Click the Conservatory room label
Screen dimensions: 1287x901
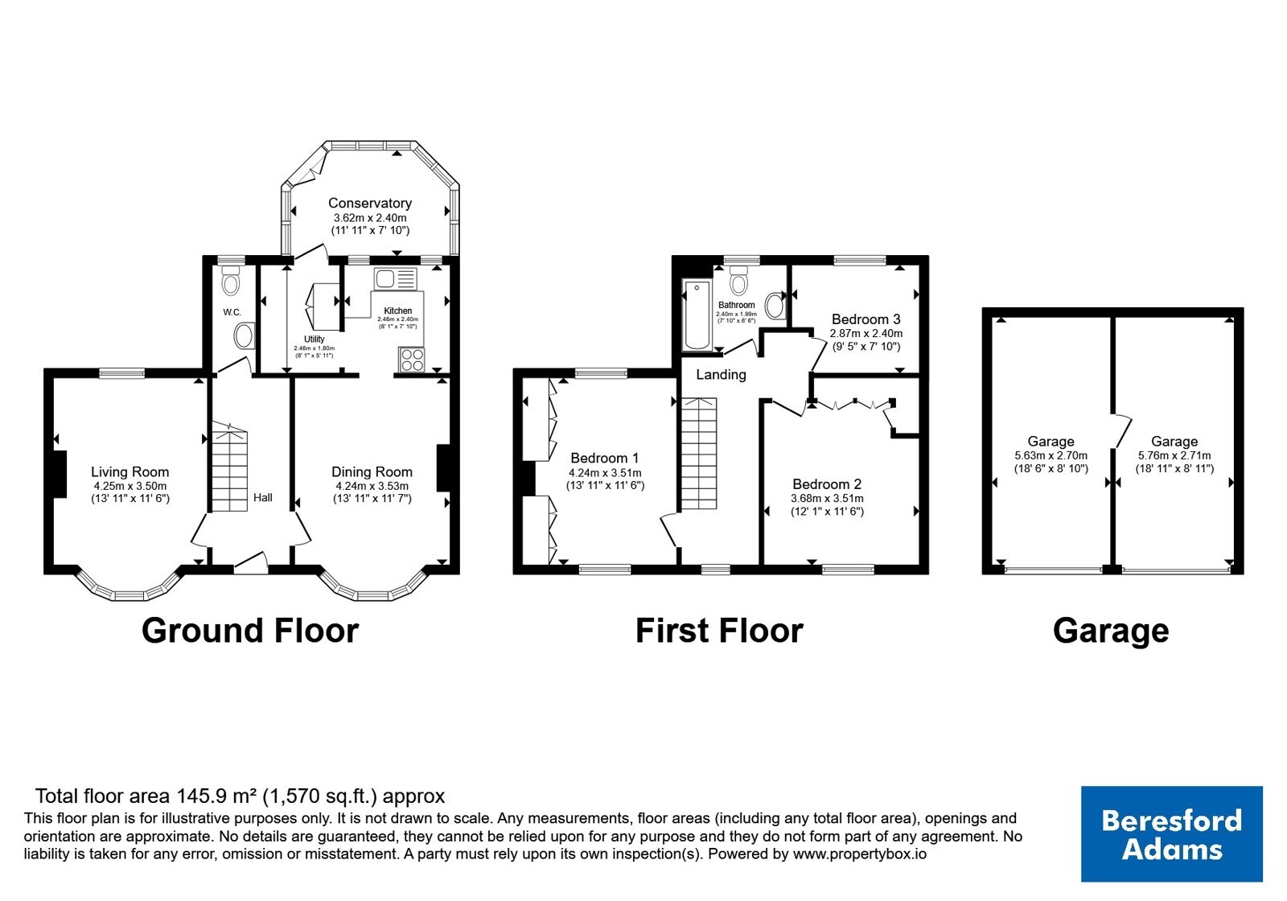point(370,203)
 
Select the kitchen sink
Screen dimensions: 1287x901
point(395,279)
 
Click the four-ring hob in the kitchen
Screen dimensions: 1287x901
point(412,360)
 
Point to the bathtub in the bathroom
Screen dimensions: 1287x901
point(697,315)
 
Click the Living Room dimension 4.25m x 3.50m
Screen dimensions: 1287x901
point(130,486)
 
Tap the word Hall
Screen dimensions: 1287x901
point(263,498)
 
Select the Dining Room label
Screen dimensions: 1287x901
point(372,471)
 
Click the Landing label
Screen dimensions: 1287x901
point(721,375)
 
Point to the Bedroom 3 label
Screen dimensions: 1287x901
point(866,319)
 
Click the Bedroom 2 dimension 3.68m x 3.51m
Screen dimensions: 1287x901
point(827,498)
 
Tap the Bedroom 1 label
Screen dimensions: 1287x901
point(604,458)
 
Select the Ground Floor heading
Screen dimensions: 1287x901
point(250,631)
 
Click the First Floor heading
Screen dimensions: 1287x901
point(719,631)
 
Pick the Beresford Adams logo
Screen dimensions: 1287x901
point(1171,833)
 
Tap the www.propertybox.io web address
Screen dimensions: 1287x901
point(860,854)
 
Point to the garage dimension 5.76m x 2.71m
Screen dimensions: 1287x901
point(1174,455)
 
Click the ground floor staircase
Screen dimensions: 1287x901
point(229,467)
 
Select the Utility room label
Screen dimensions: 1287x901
point(315,339)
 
